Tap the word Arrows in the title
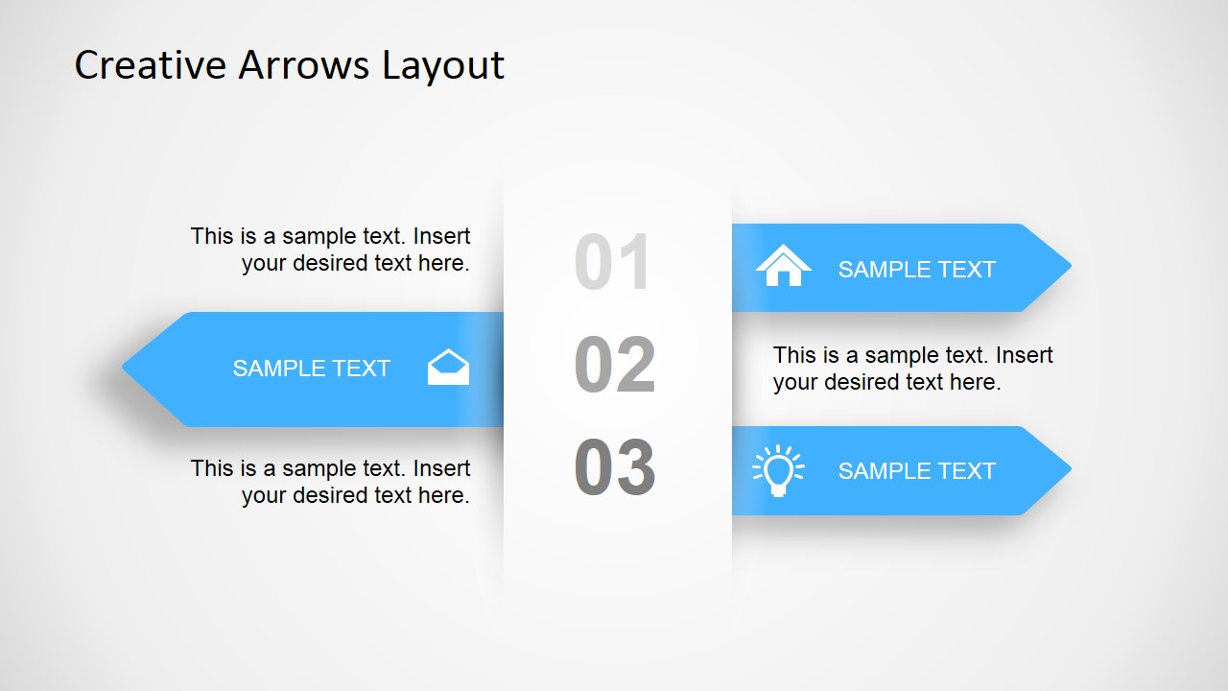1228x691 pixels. click(x=304, y=65)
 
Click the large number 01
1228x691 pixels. click(x=614, y=263)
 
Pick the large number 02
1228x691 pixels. click(x=615, y=366)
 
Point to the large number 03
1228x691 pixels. click(x=615, y=468)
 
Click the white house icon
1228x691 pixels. click(x=783, y=266)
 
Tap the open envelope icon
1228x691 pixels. click(x=448, y=368)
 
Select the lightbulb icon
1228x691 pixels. click(x=778, y=470)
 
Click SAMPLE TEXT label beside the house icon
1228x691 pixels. click(x=916, y=270)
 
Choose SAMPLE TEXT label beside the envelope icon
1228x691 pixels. click(x=311, y=369)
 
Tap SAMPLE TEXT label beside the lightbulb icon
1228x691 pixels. click(x=916, y=471)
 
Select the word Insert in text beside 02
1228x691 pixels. click(x=1025, y=355)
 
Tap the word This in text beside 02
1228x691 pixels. click(x=794, y=355)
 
